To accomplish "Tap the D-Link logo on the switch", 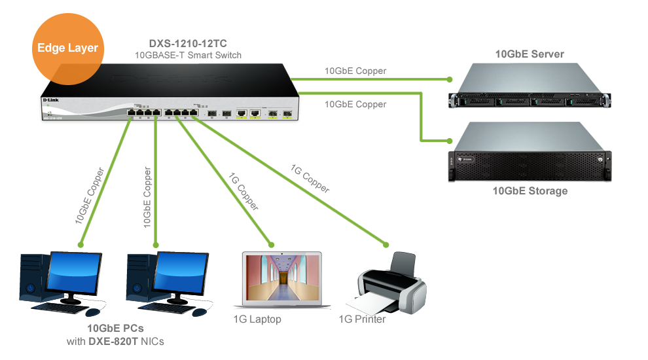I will (50, 99).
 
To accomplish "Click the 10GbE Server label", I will (530, 54).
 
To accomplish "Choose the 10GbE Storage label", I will (530, 191).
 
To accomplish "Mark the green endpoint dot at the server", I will (450, 79).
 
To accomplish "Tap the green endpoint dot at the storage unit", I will (450, 140).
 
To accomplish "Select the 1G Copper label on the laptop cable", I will (243, 192).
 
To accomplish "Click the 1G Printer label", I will (362, 319).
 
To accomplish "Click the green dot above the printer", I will (386, 245).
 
